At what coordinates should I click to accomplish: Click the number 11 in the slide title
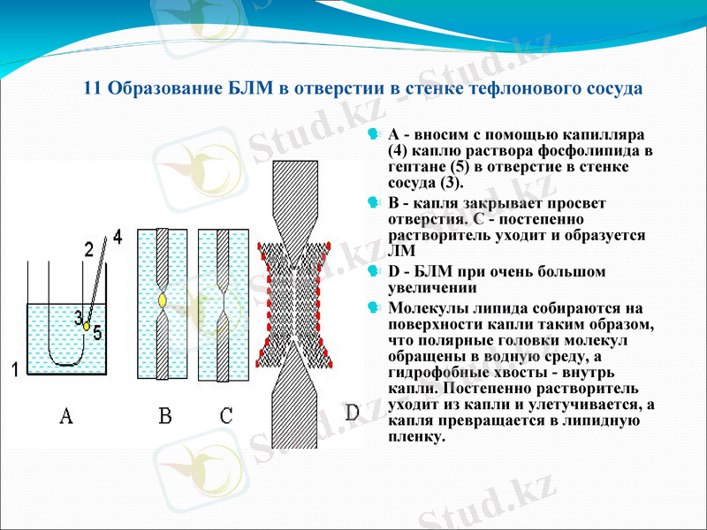92,88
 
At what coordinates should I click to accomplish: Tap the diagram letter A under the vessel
65,416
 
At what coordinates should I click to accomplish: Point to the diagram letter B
164,416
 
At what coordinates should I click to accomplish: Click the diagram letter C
226,416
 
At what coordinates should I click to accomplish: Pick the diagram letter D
352,413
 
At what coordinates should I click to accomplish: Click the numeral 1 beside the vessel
15,369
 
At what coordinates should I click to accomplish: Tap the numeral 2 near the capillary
89,250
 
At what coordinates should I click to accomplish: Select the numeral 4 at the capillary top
118,237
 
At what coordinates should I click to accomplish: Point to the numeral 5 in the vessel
98,331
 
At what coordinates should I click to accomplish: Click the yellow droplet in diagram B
163,301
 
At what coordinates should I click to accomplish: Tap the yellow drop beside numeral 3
87,325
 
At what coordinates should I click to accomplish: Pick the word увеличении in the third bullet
431,287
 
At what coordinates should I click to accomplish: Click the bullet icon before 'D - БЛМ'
375,271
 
